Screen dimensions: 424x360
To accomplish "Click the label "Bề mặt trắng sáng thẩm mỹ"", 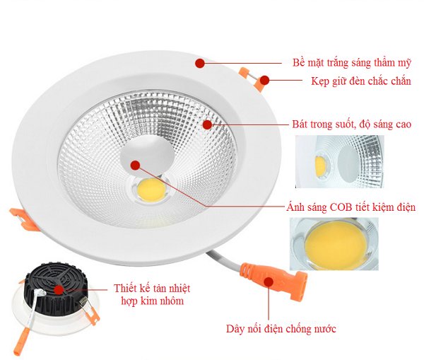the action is click(x=351, y=63).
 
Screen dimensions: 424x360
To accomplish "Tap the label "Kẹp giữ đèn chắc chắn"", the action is click(x=361, y=81).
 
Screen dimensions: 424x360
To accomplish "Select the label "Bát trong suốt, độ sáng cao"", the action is click(x=351, y=124).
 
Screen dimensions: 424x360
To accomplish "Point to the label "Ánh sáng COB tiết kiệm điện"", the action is click(x=351, y=207).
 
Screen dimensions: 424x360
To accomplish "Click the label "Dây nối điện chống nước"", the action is click(x=281, y=329).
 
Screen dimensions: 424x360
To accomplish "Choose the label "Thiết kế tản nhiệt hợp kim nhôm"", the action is click(x=152, y=294).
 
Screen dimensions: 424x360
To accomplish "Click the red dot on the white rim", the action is click(x=200, y=63).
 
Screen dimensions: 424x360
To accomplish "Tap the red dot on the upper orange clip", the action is click(x=265, y=80).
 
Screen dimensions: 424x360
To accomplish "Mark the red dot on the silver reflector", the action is click(x=207, y=124).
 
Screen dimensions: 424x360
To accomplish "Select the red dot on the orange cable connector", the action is click(x=269, y=281).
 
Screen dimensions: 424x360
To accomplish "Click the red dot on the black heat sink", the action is click(x=59, y=290).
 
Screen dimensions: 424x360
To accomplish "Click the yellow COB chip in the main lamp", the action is click(x=151, y=190).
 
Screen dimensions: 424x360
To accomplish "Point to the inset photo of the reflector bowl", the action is click(x=340, y=161).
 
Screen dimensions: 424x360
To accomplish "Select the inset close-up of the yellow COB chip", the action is click(x=334, y=244).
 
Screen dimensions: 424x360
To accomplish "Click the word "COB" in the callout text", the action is click(x=341, y=207).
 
